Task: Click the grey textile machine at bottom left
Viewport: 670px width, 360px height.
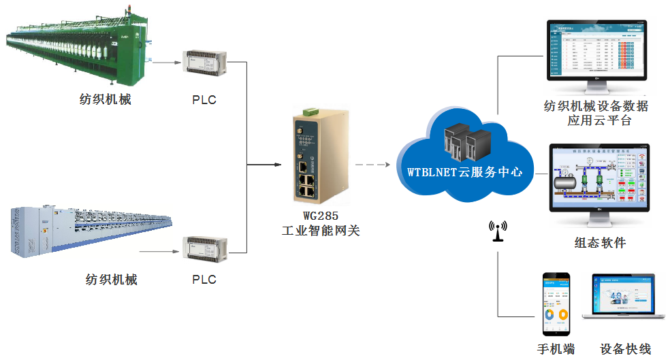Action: coord(89,231)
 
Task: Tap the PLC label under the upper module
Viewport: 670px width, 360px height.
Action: coord(204,100)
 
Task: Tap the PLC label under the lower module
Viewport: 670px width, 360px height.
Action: coord(204,279)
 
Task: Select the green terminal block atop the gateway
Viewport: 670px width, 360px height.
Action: coord(310,110)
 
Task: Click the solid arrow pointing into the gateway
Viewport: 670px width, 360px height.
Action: coord(272,165)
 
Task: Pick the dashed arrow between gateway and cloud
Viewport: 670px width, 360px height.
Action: coord(372,165)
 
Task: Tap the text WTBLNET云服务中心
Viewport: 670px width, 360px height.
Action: coord(465,172)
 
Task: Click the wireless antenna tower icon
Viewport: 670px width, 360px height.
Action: coord(498,232)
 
